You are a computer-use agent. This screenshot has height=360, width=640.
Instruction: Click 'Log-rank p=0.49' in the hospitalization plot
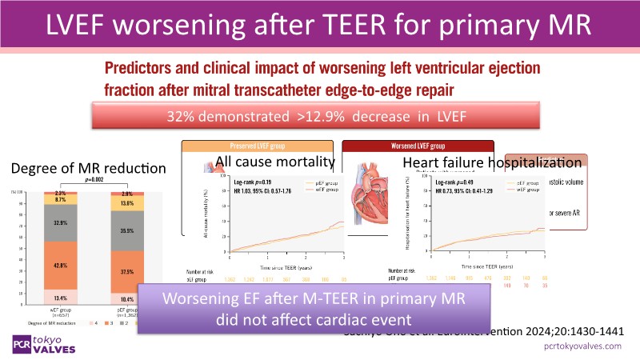pos(457,182)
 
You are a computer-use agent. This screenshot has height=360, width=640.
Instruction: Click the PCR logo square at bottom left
pos(20,343)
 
